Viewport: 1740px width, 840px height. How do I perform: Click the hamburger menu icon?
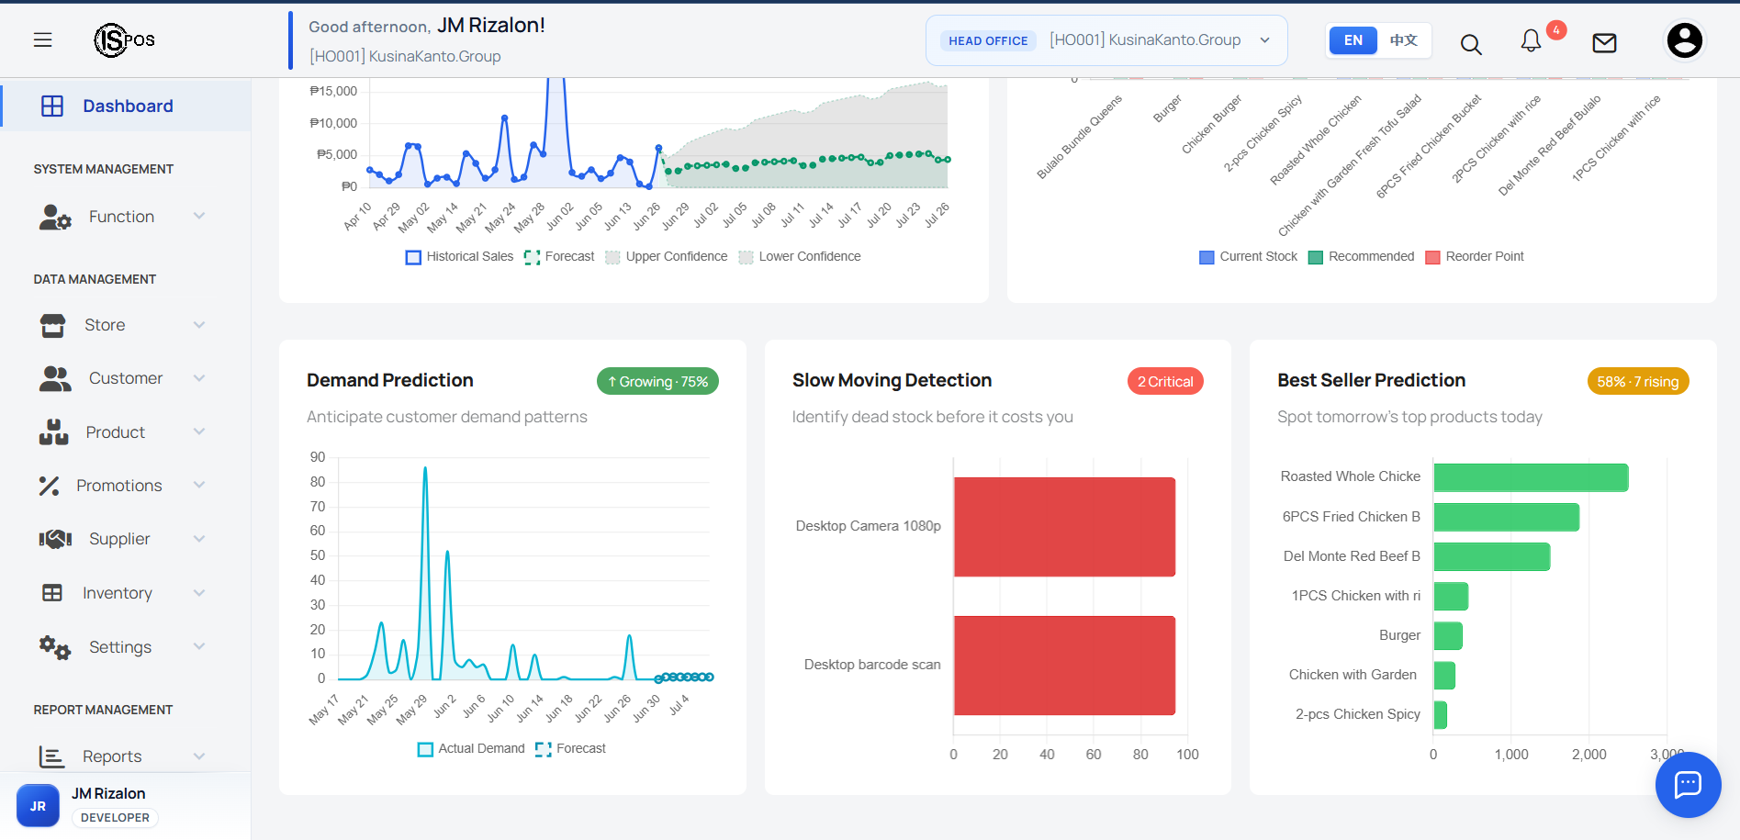click(42, 40)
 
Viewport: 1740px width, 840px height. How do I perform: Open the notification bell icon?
click(1531, 41)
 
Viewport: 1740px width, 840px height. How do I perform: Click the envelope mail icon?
click(1604, 42)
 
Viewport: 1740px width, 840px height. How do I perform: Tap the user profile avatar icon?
click(1684, 40)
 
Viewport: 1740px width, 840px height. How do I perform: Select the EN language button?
click(1353, 40)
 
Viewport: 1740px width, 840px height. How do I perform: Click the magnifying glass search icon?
click(1471, 44)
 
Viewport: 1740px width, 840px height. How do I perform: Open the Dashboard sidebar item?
click(127, 106)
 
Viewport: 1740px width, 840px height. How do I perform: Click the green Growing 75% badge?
click(657, 382)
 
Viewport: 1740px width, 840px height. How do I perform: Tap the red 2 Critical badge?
click(1165, 382)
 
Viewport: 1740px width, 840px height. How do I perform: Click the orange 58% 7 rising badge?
click(1638, 382)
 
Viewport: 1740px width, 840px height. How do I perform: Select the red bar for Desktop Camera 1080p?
click(1064, 527)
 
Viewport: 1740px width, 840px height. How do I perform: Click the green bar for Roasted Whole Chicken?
click(1531, 477)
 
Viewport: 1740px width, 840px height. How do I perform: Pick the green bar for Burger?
click(1448, 635)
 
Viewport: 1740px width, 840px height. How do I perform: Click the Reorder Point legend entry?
click(1475, 257)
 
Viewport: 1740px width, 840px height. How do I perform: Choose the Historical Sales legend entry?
click(459, 257)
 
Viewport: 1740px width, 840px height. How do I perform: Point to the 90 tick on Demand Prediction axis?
click(318, 457)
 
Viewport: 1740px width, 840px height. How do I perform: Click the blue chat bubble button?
click(1688, 784)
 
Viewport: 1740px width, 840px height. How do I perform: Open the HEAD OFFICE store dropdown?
click(1106, 40)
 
